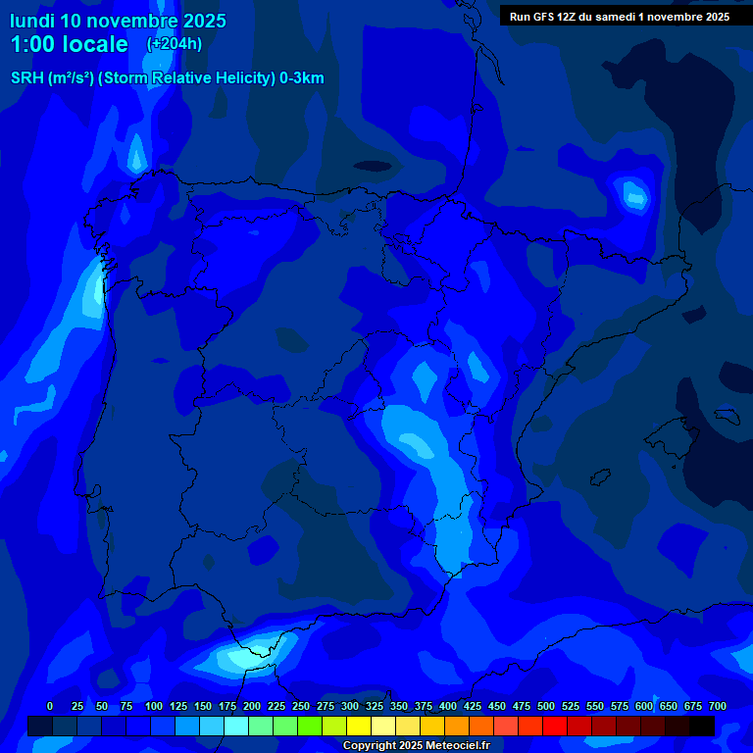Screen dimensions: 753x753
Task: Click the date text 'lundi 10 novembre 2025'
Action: [118, 21]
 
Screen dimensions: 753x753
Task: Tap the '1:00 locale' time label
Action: [69, 44]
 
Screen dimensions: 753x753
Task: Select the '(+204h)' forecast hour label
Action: [175, 44]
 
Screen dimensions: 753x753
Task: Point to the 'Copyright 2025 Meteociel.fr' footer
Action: [416, 746]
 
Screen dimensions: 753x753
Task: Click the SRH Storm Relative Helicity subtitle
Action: [167, 78]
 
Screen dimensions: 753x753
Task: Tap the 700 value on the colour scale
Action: [717, 706]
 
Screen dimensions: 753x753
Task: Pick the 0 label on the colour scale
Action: [50, 706]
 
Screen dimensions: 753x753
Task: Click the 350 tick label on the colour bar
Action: [399, 706]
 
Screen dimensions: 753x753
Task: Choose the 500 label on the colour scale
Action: [546, 706]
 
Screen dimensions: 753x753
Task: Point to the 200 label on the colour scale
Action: [252, 706]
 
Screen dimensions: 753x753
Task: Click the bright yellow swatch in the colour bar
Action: [359, 726]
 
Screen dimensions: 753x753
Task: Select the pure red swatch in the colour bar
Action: [555, 726]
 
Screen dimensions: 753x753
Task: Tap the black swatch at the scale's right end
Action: [702, 726]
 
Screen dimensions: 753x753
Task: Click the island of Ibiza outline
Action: [601, 476]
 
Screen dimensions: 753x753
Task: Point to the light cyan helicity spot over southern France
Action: [632, 195]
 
